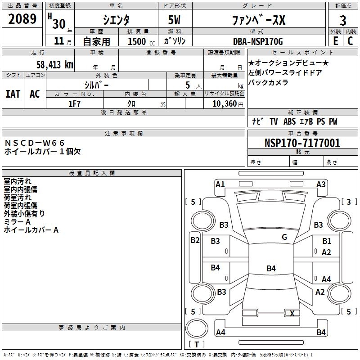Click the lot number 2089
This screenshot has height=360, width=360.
(x=22, y=20)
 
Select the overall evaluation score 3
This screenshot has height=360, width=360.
(x=343, y=21)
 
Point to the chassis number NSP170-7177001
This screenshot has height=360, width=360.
(x=302, y=143)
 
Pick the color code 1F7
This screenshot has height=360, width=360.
(x=74, y=104)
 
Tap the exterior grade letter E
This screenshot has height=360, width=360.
(x=335, y=41)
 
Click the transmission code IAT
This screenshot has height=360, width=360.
(x=13, y=94)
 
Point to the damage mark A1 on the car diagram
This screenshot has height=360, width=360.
(x=220, y=184)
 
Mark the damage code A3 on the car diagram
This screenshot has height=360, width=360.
(x=321, y=184)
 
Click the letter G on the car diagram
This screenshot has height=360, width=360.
(x=284, y=237)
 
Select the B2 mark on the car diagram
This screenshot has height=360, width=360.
(x=194, y=240)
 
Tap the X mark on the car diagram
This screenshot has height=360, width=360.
(x=292, y=314)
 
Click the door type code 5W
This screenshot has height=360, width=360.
(x=174, y=21)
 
